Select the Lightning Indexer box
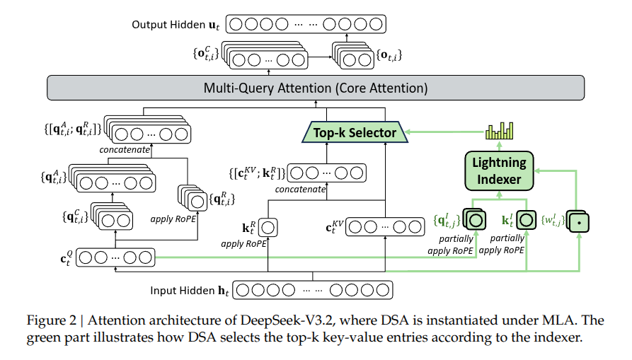coord(499,171)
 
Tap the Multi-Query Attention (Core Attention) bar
coord(316,88)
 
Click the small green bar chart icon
coord(499,131)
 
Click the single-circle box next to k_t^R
coord(268,228)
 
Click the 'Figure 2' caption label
coord(53,320)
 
